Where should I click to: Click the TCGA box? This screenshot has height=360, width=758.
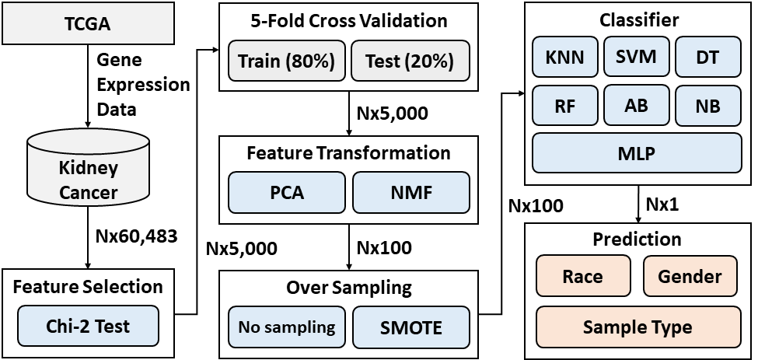[88, 23]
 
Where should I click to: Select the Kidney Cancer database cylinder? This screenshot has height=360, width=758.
[88, 166]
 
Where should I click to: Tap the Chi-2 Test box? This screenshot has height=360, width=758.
[88, 326]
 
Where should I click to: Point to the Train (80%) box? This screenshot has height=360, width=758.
[287, 61]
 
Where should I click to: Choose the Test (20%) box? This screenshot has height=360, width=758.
[410, 61]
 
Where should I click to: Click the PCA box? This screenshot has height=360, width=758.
[287, 192]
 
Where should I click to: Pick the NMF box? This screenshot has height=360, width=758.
[411, 192]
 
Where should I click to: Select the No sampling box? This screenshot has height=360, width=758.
[287, 327]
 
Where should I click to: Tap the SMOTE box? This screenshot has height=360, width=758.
[411, 327]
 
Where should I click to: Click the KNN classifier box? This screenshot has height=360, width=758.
[564, 57]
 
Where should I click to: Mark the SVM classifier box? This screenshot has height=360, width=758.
[636, 57]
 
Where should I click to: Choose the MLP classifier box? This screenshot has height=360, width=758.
[637, 152]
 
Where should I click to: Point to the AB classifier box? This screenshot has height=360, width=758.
[636, 105]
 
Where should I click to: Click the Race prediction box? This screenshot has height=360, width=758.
[583, 276]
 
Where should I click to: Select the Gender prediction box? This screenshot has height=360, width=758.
[690, 276]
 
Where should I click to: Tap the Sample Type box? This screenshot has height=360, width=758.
[637, 327]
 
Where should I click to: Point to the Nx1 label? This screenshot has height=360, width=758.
[662, 204]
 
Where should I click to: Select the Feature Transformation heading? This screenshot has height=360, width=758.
[348, 152]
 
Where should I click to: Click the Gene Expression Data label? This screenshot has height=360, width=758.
[143, 85]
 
